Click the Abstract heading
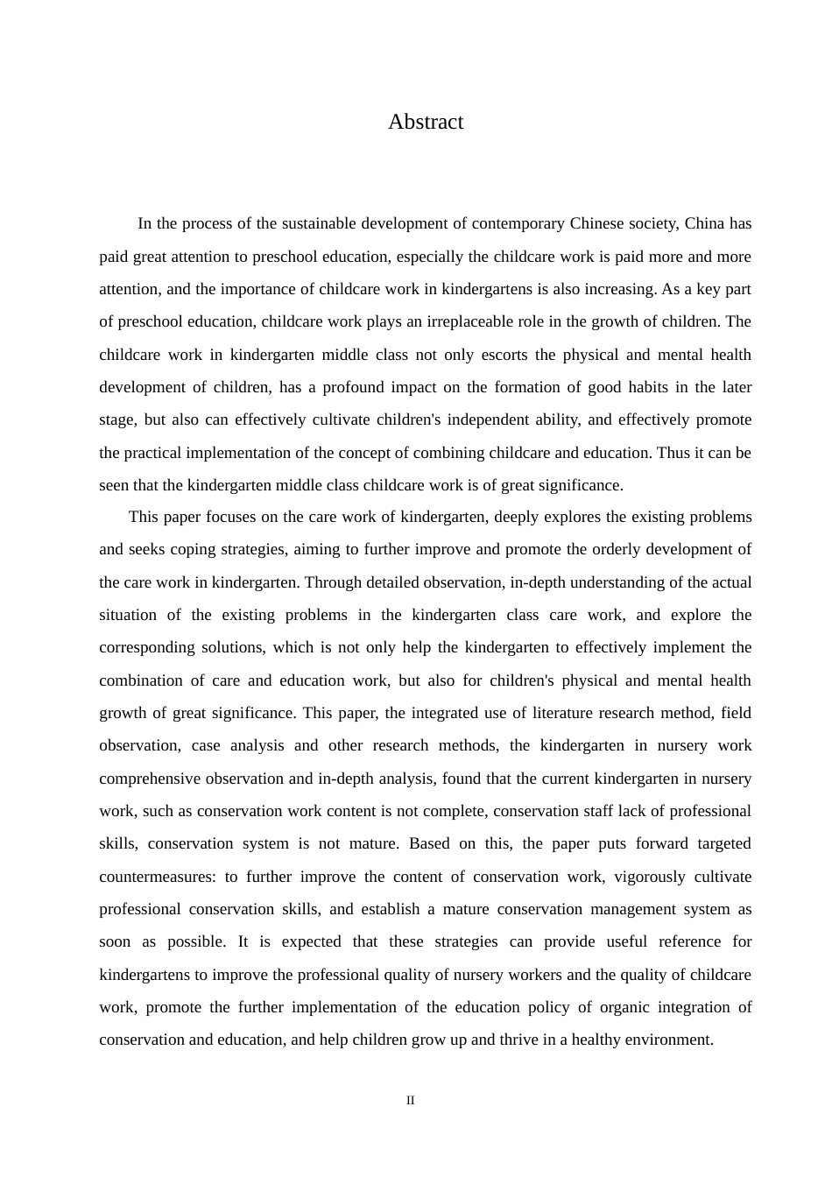(x=426, y=122)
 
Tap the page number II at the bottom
(x=411, y=1100)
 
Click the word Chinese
(x=597, y=223)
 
